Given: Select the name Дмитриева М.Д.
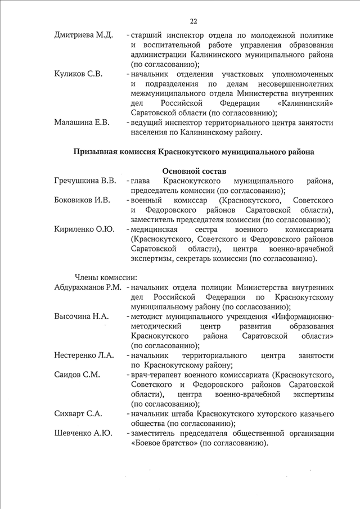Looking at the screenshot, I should [83, 35].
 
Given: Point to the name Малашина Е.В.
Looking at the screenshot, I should [82, 121].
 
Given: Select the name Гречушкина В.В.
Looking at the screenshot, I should [85, 181].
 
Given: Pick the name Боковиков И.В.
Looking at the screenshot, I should [83, 200].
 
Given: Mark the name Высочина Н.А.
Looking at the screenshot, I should [81, 316].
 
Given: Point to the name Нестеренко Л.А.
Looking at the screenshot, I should [84, 355].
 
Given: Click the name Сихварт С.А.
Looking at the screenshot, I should [78, 413].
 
